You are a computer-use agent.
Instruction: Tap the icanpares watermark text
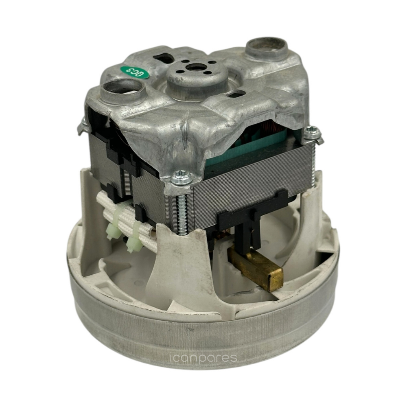[203, 358]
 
